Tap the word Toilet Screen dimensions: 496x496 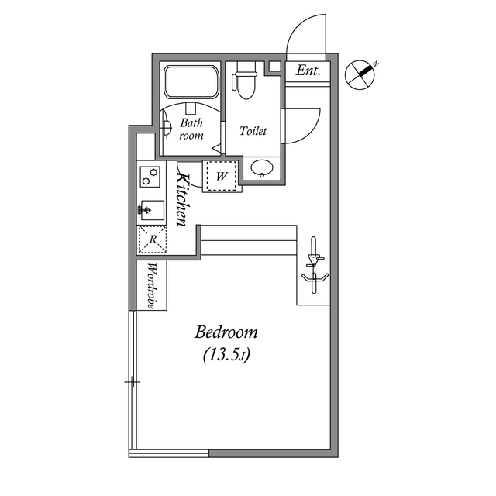[x=253, y=131]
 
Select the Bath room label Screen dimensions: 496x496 [x=191, y=129]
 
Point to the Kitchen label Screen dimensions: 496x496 [x=183, y=199]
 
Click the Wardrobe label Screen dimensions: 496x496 [x=152, y=286]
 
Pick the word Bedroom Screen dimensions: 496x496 [x=226, y=332]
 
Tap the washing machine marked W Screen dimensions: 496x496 [x=222, y=176]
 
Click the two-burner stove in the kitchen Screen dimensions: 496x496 [x=150, y=177]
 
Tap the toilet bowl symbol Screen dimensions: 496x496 [x=245, y=84]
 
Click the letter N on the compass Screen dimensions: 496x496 [x=374, y=63]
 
